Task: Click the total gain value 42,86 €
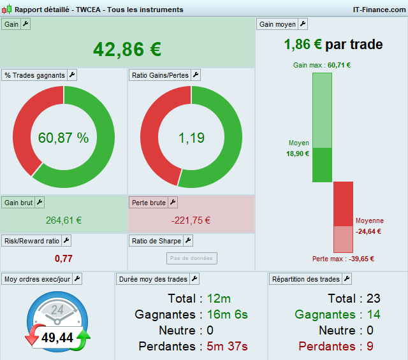[x=127, y=49]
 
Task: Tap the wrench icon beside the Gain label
[x=25, y=24]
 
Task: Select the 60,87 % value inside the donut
[x=63, y=138]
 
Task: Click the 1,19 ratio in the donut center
[x=191, y=138]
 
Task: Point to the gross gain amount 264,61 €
[x=64, y=220]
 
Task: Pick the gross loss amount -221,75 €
[x=191, y=220]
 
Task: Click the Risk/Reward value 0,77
[x=64, y=258]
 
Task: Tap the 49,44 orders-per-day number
[x=57, y=338]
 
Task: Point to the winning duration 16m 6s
[x=227, y=314]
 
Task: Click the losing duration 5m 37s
[x=227, y=346]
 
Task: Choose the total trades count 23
[x=374, y=298]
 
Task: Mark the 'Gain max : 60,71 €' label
[x=322, y=65]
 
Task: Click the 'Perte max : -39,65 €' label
[x=343, y=259]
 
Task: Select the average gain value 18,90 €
[x=298, y=154]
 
